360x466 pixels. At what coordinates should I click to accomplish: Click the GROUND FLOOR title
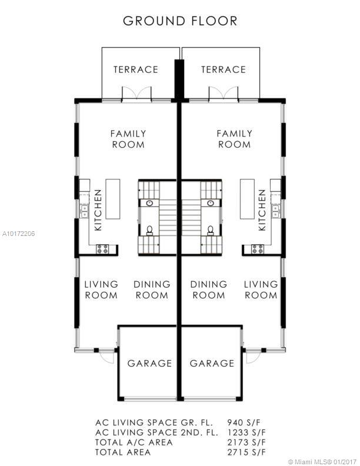click(180, 21)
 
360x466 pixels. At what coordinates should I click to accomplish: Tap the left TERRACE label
click(136, 69)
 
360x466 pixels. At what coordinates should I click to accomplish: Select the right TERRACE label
click(224, 69)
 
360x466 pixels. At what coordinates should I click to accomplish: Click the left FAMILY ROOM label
click(128, 139)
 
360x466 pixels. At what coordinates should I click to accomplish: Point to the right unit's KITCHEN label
click(262, 210)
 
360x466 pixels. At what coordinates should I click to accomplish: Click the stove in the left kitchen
click(102, 249)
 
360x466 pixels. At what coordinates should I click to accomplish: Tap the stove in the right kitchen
click(258, 249)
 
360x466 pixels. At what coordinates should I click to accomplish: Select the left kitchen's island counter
click(113, 199)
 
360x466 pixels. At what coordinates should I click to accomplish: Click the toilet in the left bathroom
click(149, 230)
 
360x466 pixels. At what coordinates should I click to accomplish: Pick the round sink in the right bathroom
click(211, 203)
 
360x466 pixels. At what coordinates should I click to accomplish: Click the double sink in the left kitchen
click(85, 211)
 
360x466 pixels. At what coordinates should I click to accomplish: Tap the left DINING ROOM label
click(152, 289)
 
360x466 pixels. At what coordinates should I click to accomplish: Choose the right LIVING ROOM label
click(261, 289)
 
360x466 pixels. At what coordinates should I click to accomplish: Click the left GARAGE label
click(149, 363)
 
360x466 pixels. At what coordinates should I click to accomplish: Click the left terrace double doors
click(136, 94)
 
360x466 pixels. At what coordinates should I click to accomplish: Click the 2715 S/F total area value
click(246, 452)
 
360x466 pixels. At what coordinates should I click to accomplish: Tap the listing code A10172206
click(18, 234)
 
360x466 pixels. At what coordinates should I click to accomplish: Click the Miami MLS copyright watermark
click(322, 462)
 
